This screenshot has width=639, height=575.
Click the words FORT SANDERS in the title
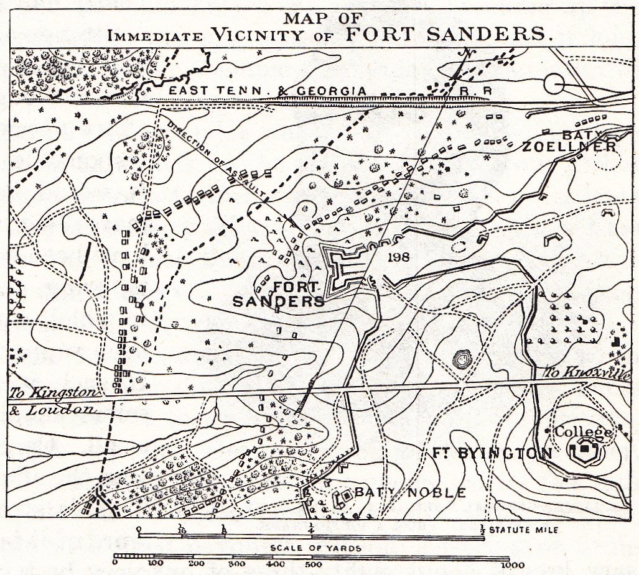tap(449, 34)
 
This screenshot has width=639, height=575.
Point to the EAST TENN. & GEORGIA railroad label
tap(268, 91)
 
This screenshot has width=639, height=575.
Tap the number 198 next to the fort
tap(398, 257)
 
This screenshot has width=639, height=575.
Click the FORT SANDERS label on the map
tap(279, 295)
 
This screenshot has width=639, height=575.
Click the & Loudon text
tap(53, 410)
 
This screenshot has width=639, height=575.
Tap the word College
tap(583, 431)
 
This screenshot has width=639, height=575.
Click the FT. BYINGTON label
tap(492, 453)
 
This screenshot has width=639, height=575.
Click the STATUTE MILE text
tap(523, 530)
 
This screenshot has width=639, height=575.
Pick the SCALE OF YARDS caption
tap(315, 548)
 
